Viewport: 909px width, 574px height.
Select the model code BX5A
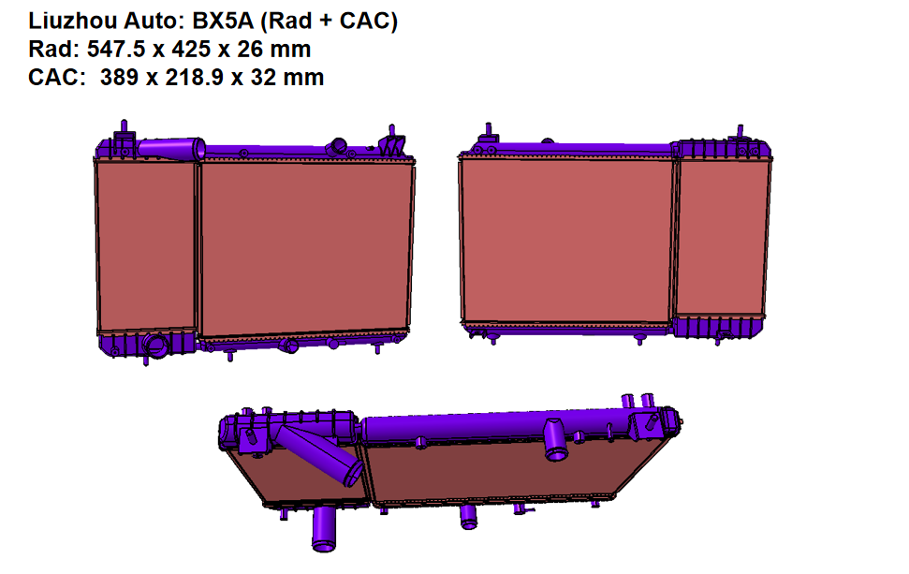223,21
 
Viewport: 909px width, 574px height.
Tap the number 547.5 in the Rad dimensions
116,50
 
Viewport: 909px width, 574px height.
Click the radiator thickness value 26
250,50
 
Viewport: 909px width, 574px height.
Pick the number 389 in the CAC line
119,77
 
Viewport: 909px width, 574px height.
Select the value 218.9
195,77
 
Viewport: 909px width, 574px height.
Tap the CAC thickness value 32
263,77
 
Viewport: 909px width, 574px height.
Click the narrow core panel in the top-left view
146,246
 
